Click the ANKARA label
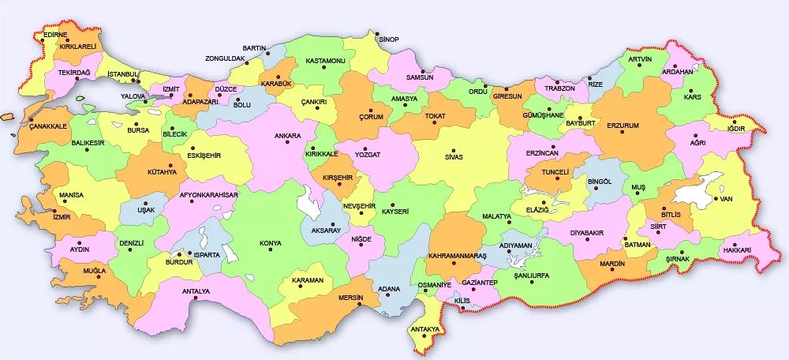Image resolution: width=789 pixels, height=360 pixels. (288, 135)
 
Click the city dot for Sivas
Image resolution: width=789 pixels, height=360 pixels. (454, 149)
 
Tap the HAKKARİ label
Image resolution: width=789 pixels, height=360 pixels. (735, 250)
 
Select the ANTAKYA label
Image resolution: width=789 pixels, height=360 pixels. (424, 329)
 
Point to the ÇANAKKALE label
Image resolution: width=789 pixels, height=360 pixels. (47, 126)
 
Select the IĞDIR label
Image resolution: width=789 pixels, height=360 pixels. (735, 129)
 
